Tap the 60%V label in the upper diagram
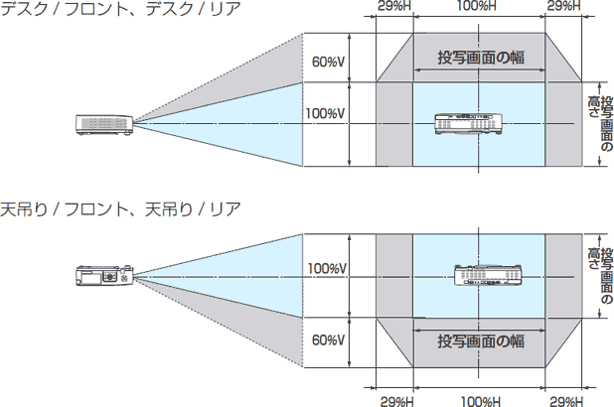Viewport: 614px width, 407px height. click(x=328, y=63)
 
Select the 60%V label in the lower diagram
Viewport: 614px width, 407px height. click(x=328, y=339)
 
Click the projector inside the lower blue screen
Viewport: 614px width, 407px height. click(x=487, y=275)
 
